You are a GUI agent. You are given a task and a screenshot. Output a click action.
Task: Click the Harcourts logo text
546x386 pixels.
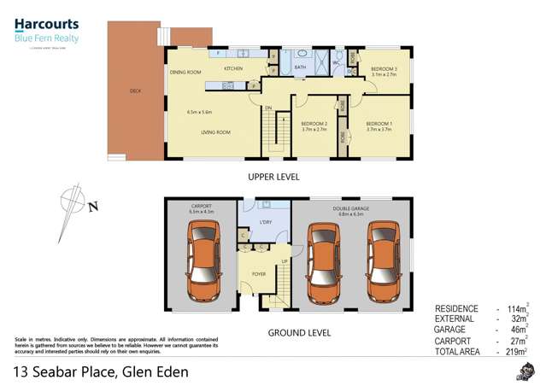pyautogui.click(x=47, y=25)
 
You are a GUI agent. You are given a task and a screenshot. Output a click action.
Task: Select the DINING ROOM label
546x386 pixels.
pyautogui.click(x=185, y=73)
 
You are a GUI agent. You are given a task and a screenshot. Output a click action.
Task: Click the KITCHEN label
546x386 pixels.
pyautogui.click(x=233, y=67)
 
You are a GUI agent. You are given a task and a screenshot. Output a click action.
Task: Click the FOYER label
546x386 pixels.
pyautogui.click(x=259, y=274)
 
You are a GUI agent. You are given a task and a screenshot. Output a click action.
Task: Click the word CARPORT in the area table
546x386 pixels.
pyautogui.click(x=455, y=340)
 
